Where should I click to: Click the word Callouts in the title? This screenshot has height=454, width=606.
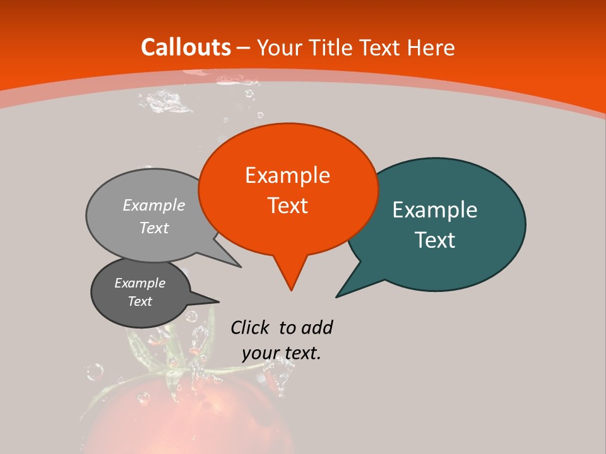click(x=186, y=47)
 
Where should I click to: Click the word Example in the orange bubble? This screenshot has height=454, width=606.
click(x=287, y=175)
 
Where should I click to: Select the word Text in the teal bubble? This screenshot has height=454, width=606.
click(x=436, y=240)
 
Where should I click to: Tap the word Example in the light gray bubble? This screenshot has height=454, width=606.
click(x=154, y=205)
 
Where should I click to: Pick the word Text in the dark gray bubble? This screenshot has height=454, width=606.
click(x=140, y=301)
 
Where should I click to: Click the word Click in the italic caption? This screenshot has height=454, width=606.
click(x=250, y=327)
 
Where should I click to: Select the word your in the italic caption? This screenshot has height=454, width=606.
click(x=260, y=353)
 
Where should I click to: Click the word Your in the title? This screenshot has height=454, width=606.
click(x=280, y=47)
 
